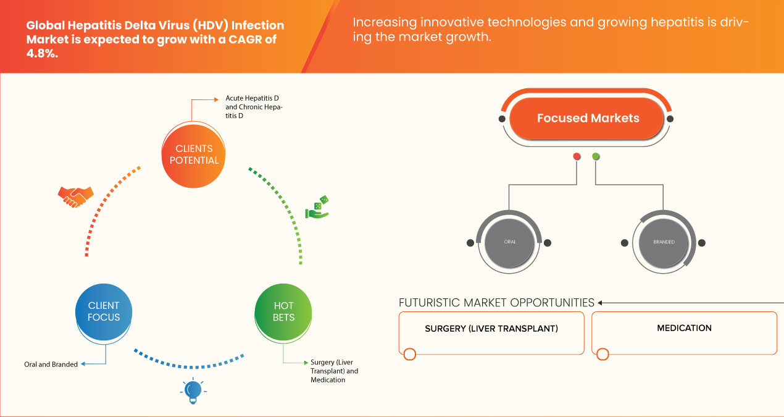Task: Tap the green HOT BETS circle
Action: (283, 311)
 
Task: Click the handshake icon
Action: (75, 196)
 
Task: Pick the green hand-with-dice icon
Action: (317, 208)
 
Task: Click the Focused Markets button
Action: (588, 119)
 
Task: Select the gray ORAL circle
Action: (510, 242)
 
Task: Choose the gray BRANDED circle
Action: (664, 242)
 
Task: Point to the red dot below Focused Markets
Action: (577, 156)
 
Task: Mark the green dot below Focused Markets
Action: (596, 156)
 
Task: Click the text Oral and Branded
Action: (51, 364)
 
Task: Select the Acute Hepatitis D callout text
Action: (254, 107)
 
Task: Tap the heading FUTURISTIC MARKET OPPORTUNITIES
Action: (496, 303)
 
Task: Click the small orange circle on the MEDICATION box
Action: (603, 355)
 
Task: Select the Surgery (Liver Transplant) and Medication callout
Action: (334, 371)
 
